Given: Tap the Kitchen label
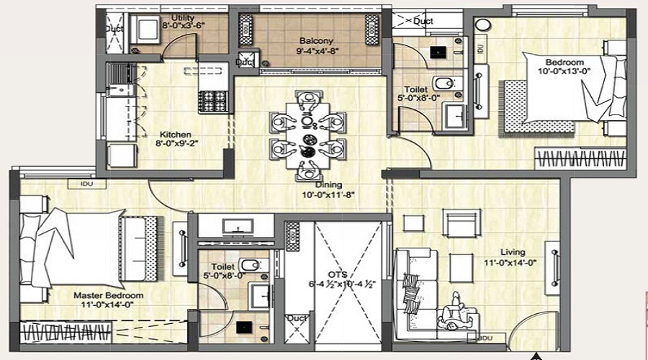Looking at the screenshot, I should tap(175, 134).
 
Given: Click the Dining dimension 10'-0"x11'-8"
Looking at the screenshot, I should tap(329, 194).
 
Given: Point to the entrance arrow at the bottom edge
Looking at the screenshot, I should tap(535, 355).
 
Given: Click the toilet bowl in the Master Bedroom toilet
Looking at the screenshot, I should tap(249, 265).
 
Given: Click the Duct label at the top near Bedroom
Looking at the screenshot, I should tap(423, 22).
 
